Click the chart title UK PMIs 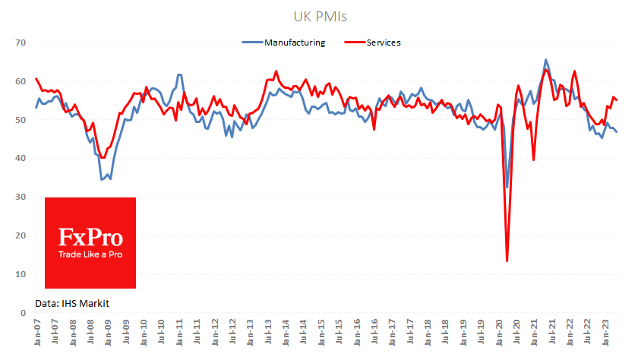(318, 14)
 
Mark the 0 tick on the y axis (24, 312)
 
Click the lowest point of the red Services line (507, 261)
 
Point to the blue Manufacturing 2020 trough (507, 187)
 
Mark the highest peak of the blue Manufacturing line (545, 59)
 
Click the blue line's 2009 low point (102, 179)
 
